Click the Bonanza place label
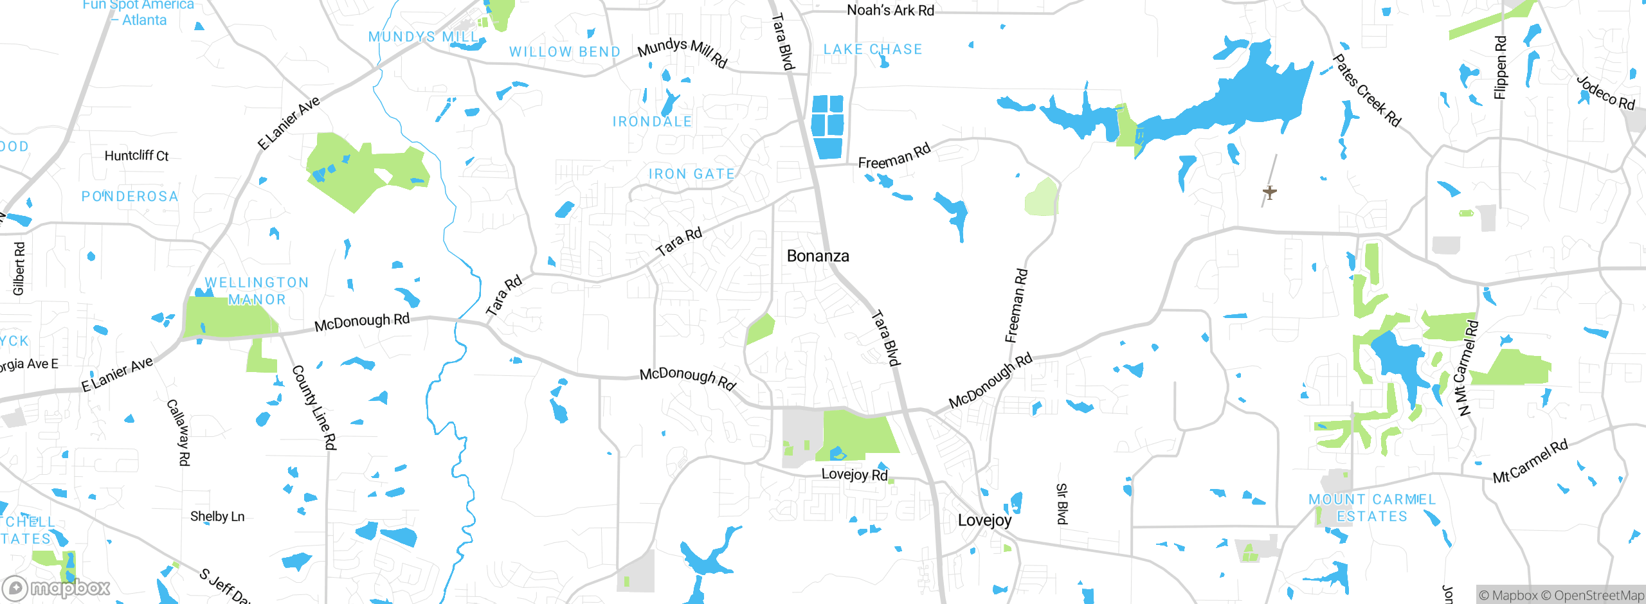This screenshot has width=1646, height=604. coord(818,256)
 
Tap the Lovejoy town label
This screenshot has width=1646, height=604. coord(984,520)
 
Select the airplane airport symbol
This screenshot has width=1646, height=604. coord(1269,191)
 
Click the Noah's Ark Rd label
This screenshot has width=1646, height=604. coord(891,10)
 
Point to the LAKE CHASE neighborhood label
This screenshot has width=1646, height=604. coord(873,49)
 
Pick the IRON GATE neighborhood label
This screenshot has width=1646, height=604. coord(691,174)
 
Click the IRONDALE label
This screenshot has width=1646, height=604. coord(652,121)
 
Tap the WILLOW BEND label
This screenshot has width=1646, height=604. coord(565,52)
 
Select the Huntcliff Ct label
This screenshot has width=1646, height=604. coord(136,155)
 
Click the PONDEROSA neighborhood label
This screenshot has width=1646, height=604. coord(130,197)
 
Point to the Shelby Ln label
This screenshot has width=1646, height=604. coord(217,517)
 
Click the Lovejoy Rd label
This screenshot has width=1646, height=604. coord(855,474)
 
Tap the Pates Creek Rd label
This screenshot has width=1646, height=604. coord(1366,91)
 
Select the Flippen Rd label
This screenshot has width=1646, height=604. coord(1500,67)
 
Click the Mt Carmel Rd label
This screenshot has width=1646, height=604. coord(1530,461)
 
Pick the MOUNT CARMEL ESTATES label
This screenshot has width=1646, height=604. coord(1372,508)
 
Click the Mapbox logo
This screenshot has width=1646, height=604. coord(57,587)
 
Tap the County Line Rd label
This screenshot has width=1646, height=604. coord(314,407)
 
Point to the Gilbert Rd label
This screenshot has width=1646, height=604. coord(19,269)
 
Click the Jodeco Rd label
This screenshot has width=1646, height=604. coord(1605,93)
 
